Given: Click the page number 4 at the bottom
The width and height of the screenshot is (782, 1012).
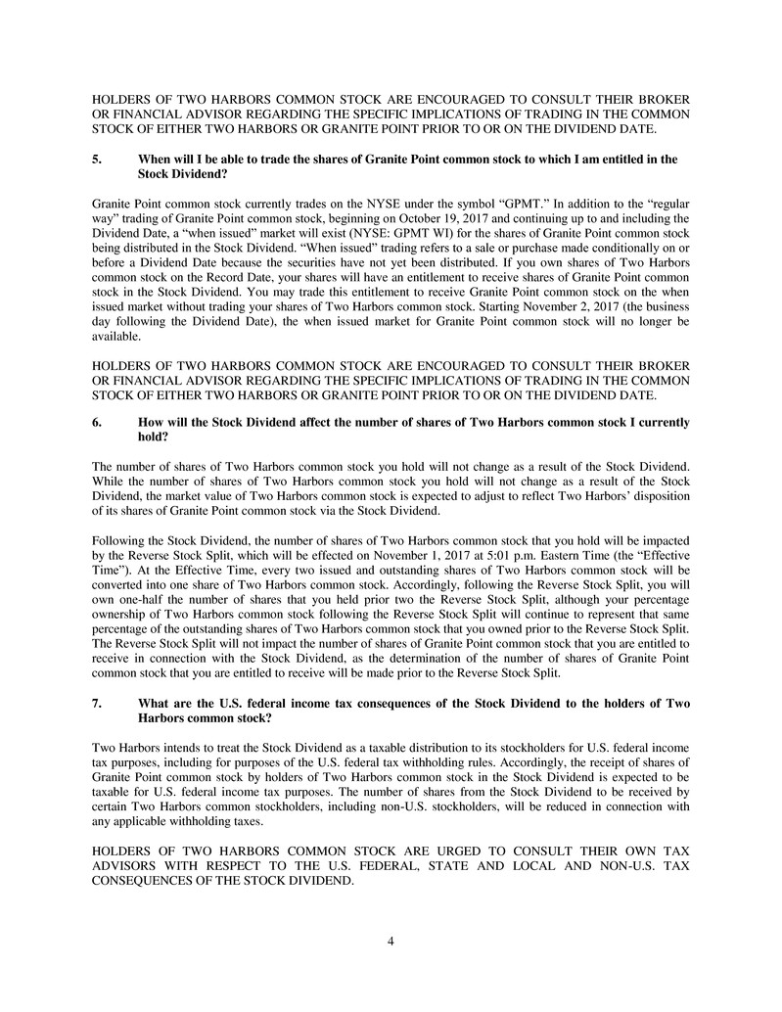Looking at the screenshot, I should [x=391, y=942].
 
